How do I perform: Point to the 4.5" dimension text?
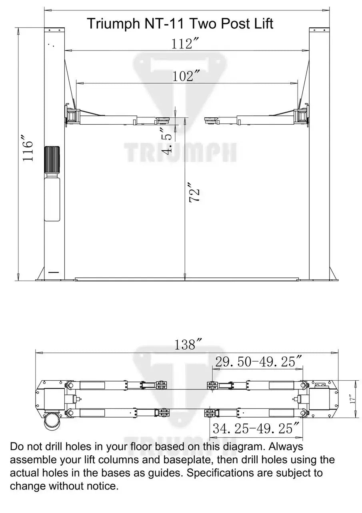point(168,140)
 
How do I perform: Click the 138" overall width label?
point(187,345)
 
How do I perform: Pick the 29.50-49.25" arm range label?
point(258,362)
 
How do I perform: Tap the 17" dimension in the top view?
point(352,399)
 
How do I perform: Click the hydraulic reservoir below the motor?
point(52,199)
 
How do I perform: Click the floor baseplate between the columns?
point(187,278)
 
